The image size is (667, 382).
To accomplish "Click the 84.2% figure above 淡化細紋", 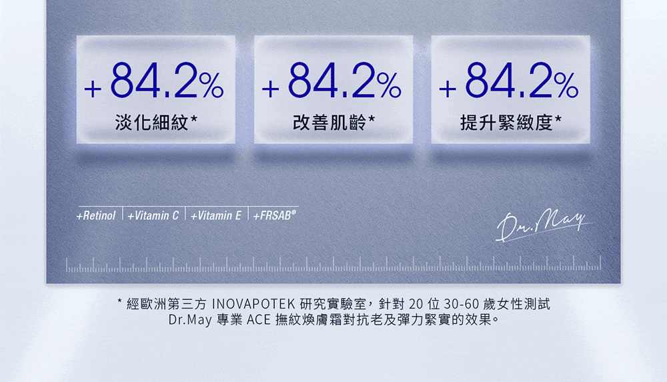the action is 167,80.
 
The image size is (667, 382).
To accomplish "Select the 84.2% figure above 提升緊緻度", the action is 522,80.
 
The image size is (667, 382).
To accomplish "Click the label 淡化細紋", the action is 151,123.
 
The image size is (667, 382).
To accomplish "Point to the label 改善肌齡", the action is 329,123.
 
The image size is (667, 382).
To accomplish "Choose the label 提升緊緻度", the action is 506,123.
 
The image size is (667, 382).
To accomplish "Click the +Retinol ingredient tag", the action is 96,216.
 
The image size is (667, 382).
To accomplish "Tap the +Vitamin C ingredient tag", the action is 153,216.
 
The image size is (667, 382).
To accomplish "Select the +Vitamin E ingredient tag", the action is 216,216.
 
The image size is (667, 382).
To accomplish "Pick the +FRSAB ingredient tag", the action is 274,215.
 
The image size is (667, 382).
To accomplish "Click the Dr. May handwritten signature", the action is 543,225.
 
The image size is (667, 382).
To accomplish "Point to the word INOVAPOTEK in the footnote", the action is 253,304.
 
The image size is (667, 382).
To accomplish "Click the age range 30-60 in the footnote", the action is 462,304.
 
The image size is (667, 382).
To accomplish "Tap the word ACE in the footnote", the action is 259,319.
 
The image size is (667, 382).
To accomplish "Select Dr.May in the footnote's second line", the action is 190,319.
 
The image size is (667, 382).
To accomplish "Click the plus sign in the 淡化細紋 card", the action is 93,89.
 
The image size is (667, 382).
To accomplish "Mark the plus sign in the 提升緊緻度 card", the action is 448,89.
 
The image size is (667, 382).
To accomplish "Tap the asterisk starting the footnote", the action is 120,301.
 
